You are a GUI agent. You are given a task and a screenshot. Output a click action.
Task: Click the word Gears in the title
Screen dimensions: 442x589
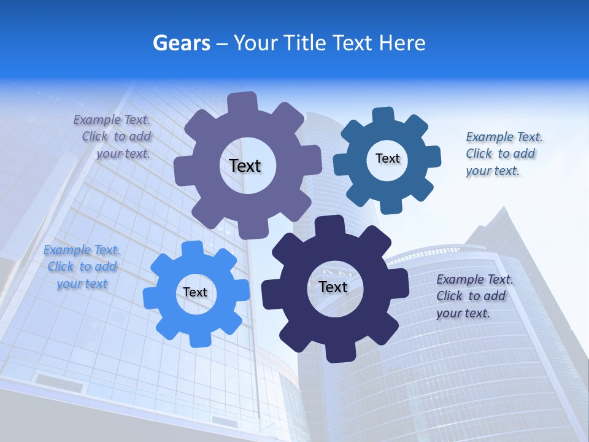[x=182, y=43]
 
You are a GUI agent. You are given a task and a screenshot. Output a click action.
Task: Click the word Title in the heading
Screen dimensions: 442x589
[x=305, y=43]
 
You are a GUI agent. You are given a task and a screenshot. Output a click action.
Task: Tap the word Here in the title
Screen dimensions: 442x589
[x=402, y=43]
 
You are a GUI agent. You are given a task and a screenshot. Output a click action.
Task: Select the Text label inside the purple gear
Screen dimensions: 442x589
[x=245, y=166]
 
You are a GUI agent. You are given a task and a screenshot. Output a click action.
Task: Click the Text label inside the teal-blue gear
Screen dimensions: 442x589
[x=387, y=158]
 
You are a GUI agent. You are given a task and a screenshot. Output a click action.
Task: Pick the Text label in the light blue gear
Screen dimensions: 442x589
[x=194, y=292]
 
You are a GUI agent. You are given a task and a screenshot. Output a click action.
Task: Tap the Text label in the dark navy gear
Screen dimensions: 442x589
[x=333, y=287]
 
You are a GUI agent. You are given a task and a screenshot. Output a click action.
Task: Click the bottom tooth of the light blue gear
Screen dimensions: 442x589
[x=198, y=339]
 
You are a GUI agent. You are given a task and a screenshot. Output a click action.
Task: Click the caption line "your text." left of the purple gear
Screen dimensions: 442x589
[x=123, y=153]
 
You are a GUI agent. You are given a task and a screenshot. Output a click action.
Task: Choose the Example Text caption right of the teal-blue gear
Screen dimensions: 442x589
[x=504, y=137]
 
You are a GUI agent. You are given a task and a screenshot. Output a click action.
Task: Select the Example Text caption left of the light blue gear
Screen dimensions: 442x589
[x=82, y=250]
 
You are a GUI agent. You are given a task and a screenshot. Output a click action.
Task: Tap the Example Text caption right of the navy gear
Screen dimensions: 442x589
[x=474, y=279]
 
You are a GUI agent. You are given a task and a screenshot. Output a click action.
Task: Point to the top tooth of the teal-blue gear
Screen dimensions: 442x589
[x=383, y=115]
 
